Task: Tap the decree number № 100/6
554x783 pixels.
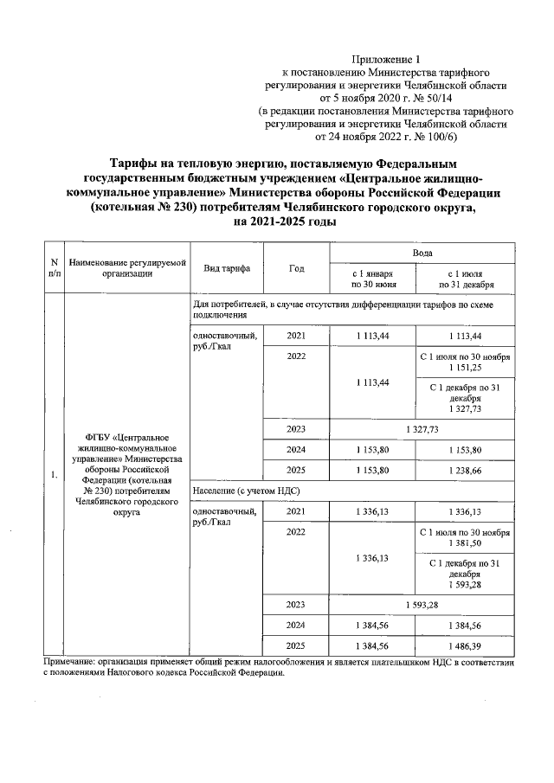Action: [438, 137]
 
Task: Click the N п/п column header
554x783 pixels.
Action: [55, 267]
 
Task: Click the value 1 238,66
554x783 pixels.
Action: [466, 470]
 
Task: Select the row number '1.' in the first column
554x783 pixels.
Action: [55, 474]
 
